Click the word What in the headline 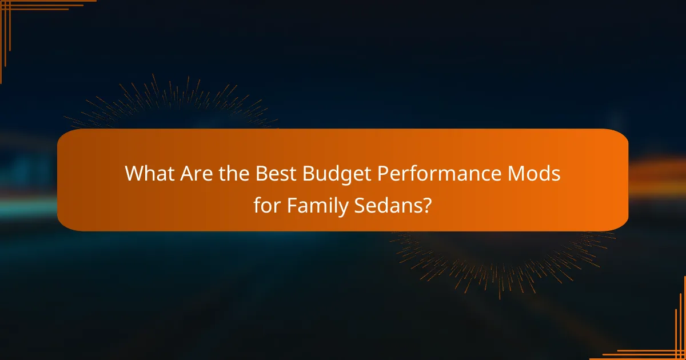[148, 174]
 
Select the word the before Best [233, 174]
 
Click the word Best [273, 174]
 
